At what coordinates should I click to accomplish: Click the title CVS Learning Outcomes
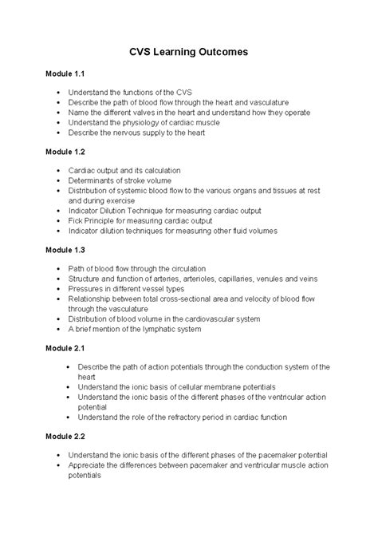pyautogui.click(x=189, y=51)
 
